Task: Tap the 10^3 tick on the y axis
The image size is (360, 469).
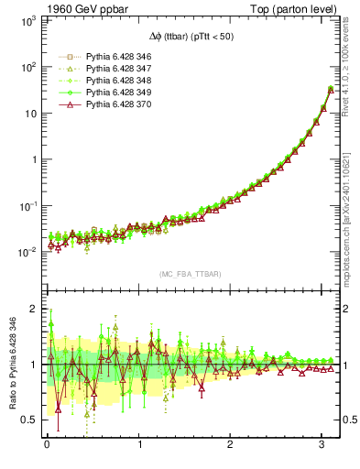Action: (28, 20)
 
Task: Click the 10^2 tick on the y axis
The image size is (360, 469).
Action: (28, 67)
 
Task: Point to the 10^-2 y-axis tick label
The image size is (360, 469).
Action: (27, 251)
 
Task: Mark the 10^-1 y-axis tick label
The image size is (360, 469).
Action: (27, 205)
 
